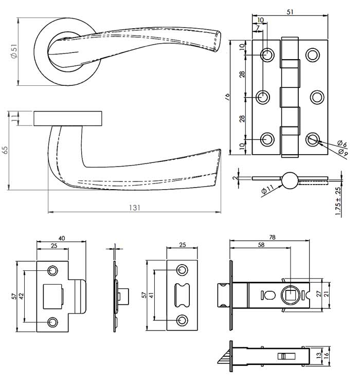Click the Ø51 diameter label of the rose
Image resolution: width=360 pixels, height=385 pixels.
[x=14, y=51]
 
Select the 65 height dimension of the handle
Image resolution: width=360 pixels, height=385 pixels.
[x=5, y=150]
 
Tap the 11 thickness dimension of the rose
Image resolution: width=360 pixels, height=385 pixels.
[x=14, y=118]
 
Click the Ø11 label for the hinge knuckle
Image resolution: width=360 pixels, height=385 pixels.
[x=267, y=191]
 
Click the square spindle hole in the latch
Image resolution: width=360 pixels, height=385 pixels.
[x=290, y=295]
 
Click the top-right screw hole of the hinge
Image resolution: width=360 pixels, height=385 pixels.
[x=312, y=54]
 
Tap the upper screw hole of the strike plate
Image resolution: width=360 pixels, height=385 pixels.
[x=52, y=270]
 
